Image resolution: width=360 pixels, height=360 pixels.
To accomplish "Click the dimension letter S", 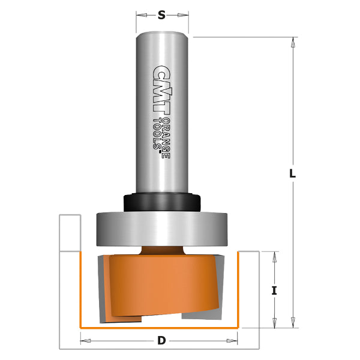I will tap(161, 16).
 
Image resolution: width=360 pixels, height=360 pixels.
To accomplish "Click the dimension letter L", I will tap(292, 173).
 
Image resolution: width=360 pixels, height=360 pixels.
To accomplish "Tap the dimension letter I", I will tap(274, 290).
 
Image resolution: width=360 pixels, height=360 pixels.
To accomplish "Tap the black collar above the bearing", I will tap(161, 200).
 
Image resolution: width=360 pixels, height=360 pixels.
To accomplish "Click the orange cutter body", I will tap(162, 282).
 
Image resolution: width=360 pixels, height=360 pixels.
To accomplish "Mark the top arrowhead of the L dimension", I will tap(292, 43).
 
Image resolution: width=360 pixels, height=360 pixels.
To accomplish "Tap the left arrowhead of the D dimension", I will tap(86, 341).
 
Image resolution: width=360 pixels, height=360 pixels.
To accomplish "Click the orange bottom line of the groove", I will tap(161, 328).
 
